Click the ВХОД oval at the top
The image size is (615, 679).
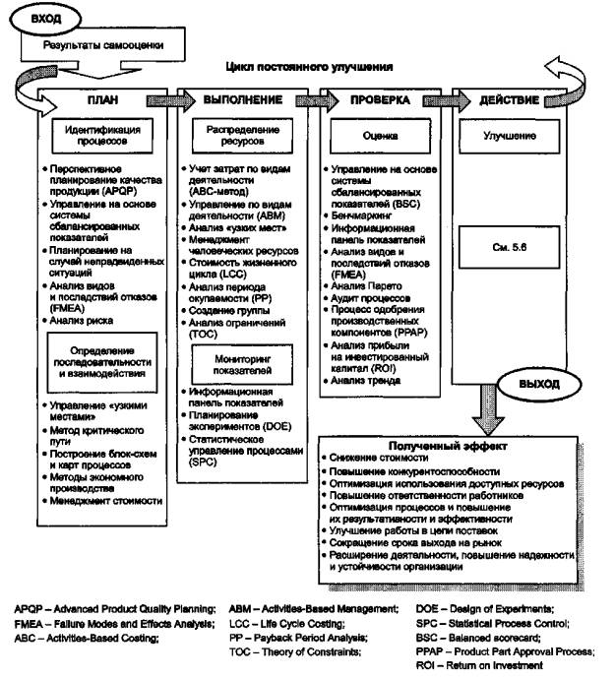45,19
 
